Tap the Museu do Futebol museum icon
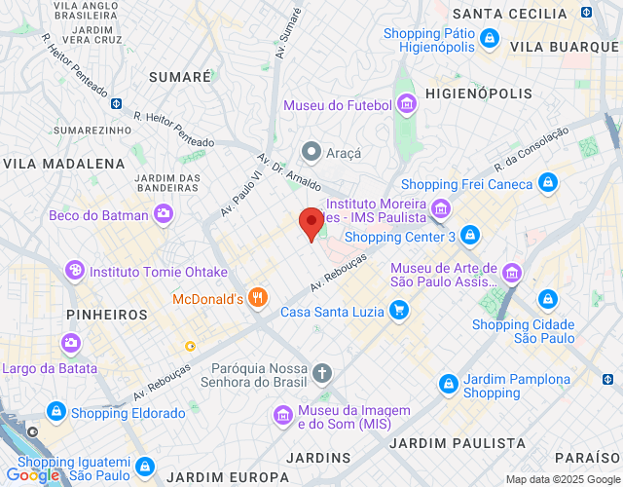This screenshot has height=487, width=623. point(407,104)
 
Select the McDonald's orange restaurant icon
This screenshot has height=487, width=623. point(258,298)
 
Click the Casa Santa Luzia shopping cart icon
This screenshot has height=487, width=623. point(397,312)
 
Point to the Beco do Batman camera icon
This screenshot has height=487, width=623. point(164,214)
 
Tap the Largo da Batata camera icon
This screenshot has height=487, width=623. point(70,342)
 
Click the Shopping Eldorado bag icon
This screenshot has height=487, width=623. point(55,413)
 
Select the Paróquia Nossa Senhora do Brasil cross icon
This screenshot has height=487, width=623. point(322,372)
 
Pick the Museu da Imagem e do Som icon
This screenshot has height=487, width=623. point(283,416)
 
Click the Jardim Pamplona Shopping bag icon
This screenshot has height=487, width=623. point(448,385)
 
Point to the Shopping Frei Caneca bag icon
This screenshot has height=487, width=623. point(549,183)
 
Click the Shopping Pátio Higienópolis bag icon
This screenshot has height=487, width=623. point(490,40)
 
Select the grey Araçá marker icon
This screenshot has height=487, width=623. point(311,152)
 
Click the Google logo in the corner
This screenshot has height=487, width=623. point(32,475)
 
